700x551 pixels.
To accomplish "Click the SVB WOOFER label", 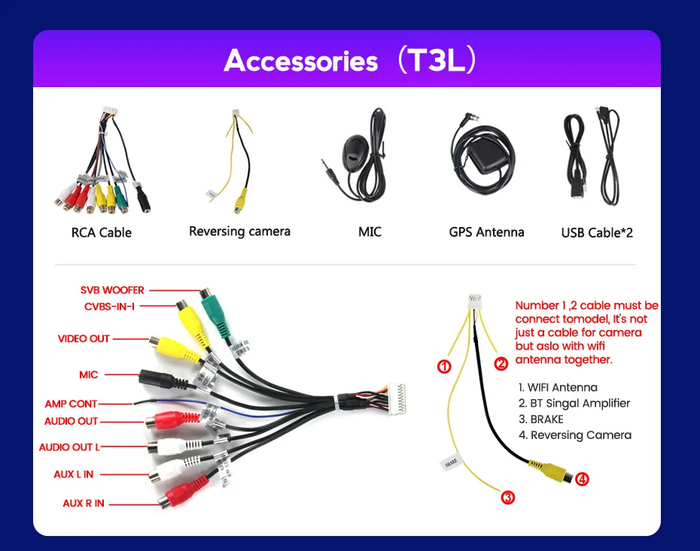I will [x=112, y=290].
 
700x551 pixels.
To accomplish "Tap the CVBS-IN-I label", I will [x=109, y=306].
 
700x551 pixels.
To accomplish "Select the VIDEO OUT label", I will [x=84, y=339].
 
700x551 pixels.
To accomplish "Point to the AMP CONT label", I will [x=71, y=404].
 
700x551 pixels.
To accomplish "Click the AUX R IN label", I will [x=84, y=503].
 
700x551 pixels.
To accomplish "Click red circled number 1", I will [x=444, y=367].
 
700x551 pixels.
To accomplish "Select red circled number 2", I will [x=501, y=364].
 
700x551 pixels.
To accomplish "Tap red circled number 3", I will [x=508, y=497].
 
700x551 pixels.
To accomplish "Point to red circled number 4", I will [x=582, y=478].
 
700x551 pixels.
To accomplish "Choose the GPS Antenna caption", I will [x=486, y=232].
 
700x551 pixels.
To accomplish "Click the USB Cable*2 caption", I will [x=597, y=232].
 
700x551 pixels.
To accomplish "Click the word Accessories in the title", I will [x=300, y=61].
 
